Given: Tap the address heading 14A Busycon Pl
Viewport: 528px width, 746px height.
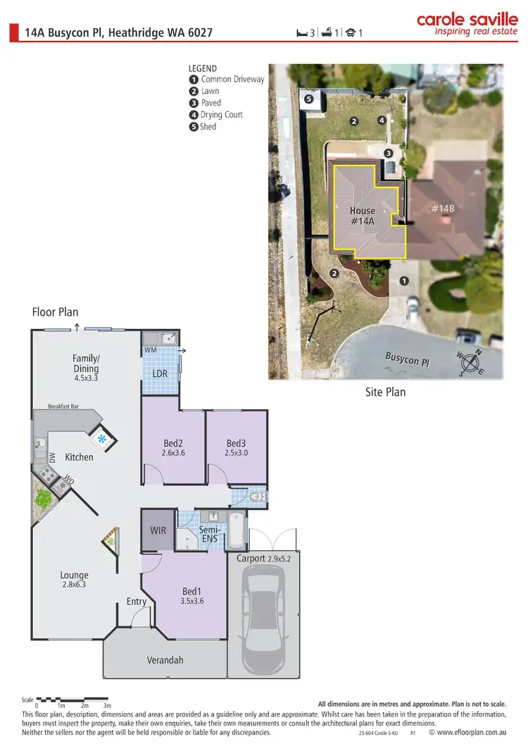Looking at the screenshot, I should click(x=119, y=32).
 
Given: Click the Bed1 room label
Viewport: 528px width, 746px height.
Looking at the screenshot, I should click(x=192, y=596).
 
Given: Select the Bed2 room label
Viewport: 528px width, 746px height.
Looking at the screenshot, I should click(x=173, y=448).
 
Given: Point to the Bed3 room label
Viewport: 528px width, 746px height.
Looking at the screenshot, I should click(x=236, y=448).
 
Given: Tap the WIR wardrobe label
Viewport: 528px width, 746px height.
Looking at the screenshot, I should click(x=158, y=530).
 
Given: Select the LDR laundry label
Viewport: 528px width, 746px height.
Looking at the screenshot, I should click(x=160, y=373).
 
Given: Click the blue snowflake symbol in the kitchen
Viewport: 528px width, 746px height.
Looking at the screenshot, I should click(x=102, y=440).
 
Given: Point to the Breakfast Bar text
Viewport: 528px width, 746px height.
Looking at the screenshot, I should click(x=65, y=406).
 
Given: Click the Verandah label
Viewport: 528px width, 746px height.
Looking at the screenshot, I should click(x=165, y=660).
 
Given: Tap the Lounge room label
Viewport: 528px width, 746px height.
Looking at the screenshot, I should click(x=75, y=579).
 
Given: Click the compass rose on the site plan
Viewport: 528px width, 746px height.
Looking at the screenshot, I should click(x=470, y=363).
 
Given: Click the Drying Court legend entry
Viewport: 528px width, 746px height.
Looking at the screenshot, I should click(x=216, y=115).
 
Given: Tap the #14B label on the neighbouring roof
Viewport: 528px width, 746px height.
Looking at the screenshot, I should click(x=444, y=209).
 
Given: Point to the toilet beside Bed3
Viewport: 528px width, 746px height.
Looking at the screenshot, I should click(x=258, y=498).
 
